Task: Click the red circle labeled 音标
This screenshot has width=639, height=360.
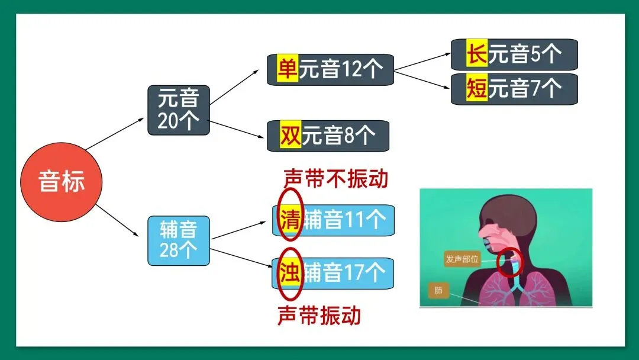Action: [62, 181]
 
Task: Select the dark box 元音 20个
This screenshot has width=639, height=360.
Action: [178, 110]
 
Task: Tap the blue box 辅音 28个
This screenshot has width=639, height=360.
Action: [178, 240]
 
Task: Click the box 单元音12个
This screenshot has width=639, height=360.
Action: [330, 69]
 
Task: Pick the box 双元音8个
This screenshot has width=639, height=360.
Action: [328, 136]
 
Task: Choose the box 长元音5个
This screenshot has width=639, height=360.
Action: [514, 54]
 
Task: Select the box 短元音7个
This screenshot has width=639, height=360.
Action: [514, 89]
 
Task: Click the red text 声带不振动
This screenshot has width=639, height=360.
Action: [335, 178]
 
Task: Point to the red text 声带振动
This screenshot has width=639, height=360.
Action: [319, 315]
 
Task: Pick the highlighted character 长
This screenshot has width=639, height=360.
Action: [476, 54]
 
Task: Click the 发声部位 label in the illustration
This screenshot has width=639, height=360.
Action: [462, 259]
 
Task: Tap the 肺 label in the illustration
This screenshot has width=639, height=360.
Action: [438, 291]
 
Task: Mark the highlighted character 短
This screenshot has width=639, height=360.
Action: [476, 89]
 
